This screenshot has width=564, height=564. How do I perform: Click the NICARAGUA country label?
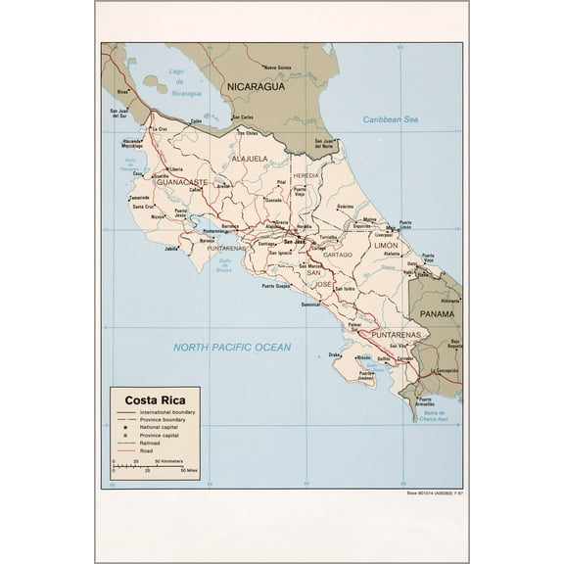pos(256,86)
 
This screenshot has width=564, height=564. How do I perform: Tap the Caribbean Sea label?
pos(390,119)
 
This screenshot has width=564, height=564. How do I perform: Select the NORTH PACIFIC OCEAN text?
pos(232,347)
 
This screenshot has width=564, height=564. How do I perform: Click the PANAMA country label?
pos(437,314)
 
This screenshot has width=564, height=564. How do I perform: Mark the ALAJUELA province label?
pos(250,158)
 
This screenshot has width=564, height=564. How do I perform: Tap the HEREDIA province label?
pos(306,175)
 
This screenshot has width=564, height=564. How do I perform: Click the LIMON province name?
pos(386,246)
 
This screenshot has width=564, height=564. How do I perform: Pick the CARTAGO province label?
pos(337,255)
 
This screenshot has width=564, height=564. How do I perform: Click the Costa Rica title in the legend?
pos(150,399)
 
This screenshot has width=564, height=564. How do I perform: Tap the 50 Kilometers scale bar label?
pos(172,459)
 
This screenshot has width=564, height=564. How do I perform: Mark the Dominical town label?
pos(310,304)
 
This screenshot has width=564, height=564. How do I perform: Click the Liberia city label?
pos(176,168)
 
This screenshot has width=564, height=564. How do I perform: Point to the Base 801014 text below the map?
pos(430,493)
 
